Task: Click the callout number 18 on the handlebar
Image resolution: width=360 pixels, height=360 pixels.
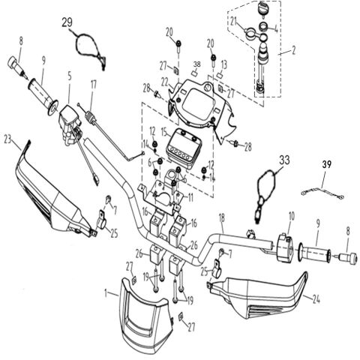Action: (x=222, y=218)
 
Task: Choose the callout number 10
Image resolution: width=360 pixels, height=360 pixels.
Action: (x=288, y=215)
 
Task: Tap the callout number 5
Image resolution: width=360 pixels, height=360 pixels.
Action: (x=69, y=76)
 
